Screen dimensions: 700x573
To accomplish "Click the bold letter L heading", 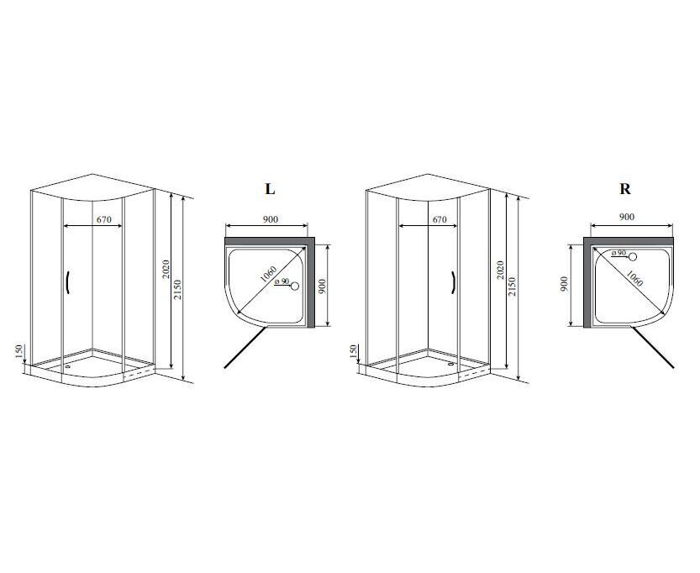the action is pyautogui.click(x=270, y=189).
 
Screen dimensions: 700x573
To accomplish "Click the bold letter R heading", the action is pyautogui.click(x=625, y=189).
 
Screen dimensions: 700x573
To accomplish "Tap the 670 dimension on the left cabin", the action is pyautogui.click(x=103, y=219).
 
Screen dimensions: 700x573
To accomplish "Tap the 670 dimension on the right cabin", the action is pyautogui.click(x=439, y=219).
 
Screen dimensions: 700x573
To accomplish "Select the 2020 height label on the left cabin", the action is pyautogui.click(x=166, y=269).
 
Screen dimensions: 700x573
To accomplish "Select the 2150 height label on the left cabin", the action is pyautogui.click(x=177, y=289).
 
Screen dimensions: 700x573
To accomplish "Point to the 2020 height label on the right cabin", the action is pyautogui.click(x=501, y=270).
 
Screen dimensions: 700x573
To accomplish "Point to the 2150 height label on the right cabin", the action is pyautogui.click(x=513, y=287).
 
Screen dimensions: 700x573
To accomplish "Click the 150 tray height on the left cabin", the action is pyautogui.click(x=18, y=352).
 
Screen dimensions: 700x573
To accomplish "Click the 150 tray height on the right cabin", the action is pyautogui.click(x=354, y=352).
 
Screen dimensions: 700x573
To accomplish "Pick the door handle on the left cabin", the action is pyautogui.click(x=67, y=283).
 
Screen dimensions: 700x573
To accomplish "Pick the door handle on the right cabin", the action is pyautogui.click(x=453, y=283).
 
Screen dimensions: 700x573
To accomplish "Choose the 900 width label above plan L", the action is pyautogui.click(x=270, y=219).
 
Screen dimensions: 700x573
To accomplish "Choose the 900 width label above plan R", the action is pyautogui.click(x=627, y=217).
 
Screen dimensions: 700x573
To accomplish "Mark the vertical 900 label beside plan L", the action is pyautogui.click(x=323, y=286).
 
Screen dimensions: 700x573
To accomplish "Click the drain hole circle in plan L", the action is pyautogui.click(x=295, y=286).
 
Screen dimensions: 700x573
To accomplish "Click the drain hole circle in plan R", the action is pyautogui.click(x=633, y=256).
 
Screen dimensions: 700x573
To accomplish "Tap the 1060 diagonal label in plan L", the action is pyautogui.click(x=268, y=274).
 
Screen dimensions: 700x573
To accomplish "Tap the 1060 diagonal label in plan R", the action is pyautogui.click(x=634, y=278).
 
